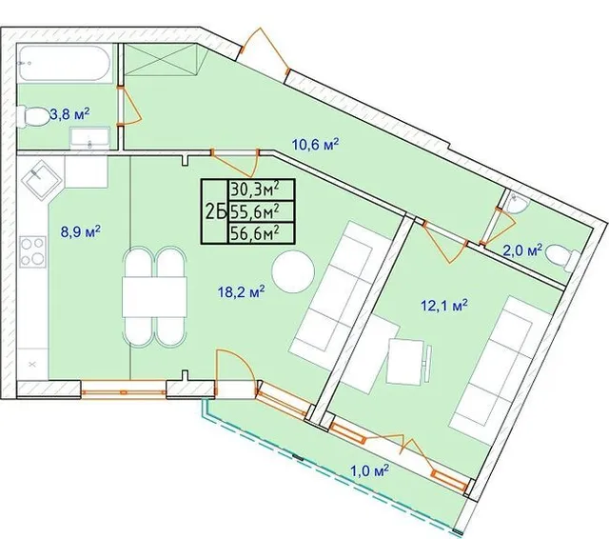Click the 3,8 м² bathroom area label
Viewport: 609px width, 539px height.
tap(70, 114)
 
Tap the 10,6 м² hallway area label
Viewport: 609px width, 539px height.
tap(315, 145)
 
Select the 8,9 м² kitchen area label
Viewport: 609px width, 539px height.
tap(80, 232)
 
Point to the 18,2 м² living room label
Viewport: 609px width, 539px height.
tap(241, 291)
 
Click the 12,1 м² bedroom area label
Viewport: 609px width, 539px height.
tap(444, 306)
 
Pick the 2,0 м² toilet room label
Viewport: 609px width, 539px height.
tap(522, 250)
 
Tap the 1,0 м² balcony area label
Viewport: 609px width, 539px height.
tap(370, 471)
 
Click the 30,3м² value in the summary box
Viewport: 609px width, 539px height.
tap(255, 190)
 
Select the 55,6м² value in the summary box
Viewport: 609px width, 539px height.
tap(255, 211)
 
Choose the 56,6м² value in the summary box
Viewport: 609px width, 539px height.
tap(255, 233)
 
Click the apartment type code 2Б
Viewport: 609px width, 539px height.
tap(215, 212)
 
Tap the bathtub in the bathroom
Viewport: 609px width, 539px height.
tap(65, 64)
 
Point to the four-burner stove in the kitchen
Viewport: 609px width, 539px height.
tap(32, 251)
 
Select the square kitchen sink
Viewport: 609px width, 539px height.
tap(41, 180)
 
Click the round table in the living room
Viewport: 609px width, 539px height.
tap(293, 271)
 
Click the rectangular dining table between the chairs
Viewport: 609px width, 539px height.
tap(154, 297)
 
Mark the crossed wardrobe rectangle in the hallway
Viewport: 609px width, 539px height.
tap(161, 60)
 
